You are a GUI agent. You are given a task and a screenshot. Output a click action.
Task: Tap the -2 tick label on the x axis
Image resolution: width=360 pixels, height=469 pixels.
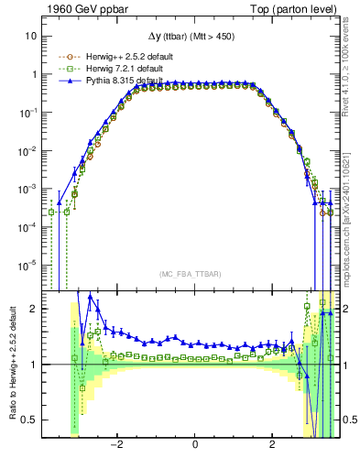(x=116, y=444)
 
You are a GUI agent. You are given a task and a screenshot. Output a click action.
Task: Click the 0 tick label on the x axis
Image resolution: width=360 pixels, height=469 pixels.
(x=195, y=444)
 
